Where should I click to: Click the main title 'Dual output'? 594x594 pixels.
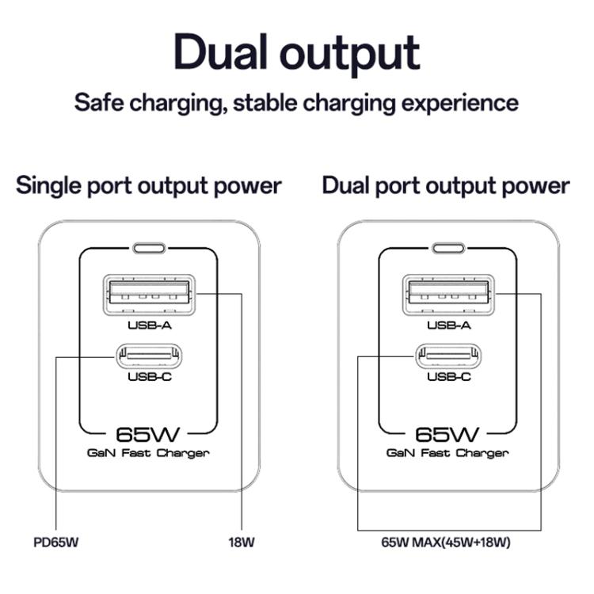pyautogui.click(x=296, y=53)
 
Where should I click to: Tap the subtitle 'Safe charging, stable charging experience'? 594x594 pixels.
pyautogui.click(x=296, y=103)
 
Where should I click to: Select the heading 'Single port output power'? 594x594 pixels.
pyautogui.click(x=149, y=186)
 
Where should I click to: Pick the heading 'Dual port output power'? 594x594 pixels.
pyautogui.click(x=445, y=186)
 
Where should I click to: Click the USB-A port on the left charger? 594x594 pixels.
pyautogui.click(x=149, y=294)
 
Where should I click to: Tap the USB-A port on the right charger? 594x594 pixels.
pyautogui.click(x=449, y=294)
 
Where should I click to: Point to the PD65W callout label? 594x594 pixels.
pyautogui.click(x=57, y=543)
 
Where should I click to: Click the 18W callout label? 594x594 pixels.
pyautogui.click(x=242, y=543)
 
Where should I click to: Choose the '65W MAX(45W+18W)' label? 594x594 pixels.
pyautogui.click(x=445, y=543)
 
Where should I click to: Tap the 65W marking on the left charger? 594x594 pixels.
pyautogui.click(x=149, y=434)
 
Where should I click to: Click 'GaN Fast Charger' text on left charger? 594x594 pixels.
pyautogui.click(x=149, y=453)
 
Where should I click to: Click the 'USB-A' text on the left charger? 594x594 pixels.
pyautogui.click(x=149, y=324)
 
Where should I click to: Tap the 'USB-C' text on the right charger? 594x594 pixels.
pyautogui.click(x=449, y=377)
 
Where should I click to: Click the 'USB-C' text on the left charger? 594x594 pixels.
pyautogui.click(x=149, y=377)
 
